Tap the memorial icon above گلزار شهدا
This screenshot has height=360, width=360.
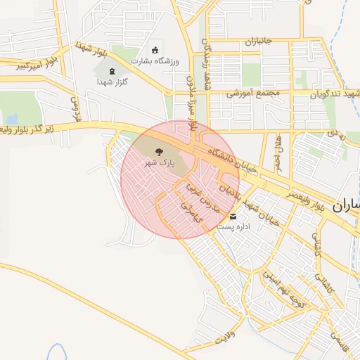[x=111, y=70]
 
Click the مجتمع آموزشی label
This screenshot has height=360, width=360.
[x=253, y=92]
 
